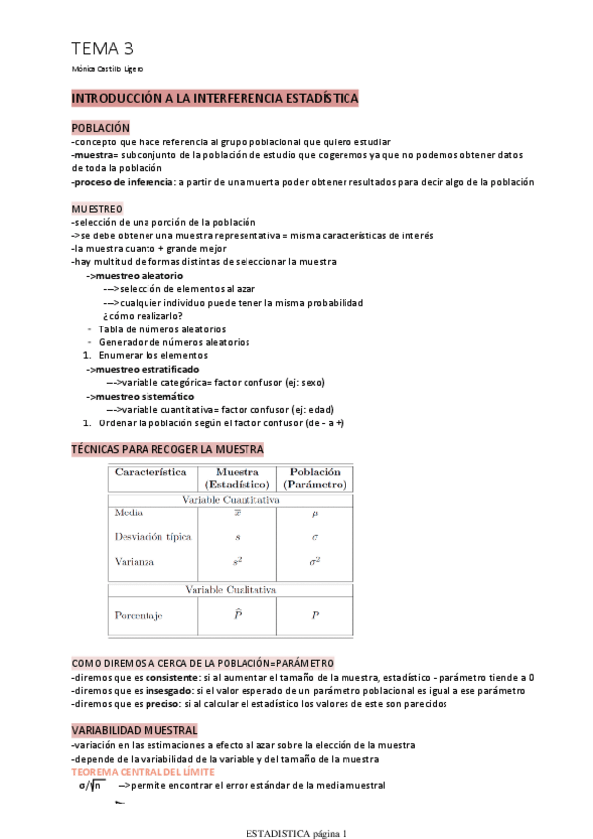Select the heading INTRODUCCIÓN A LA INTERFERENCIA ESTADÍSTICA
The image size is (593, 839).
(x=215, y=99)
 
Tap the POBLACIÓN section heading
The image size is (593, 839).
(x=101, y=129)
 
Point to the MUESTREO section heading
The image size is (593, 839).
(x=97, y=209)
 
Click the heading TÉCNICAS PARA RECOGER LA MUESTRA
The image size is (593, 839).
(x=174, y=449)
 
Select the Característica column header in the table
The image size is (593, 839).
(x=150, y=473)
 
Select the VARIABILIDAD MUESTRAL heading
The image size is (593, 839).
(x=135, y=730)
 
